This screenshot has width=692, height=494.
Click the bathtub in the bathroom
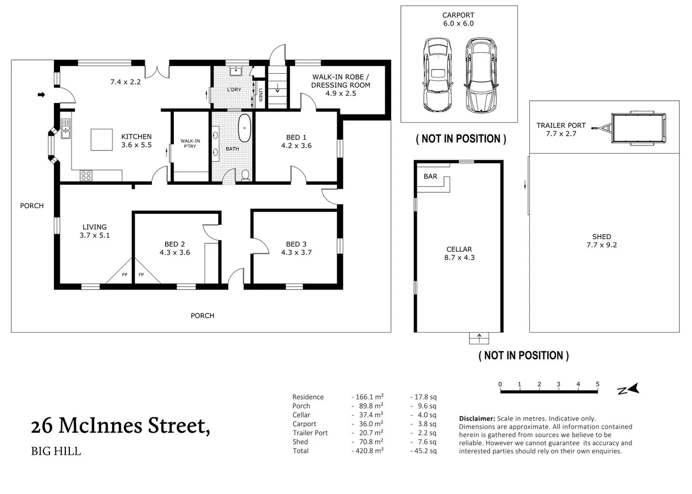point(245,128)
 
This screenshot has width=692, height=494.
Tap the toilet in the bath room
point(246,175)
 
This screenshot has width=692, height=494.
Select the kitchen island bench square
point(102,140)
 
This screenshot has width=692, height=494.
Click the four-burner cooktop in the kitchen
point(86,175)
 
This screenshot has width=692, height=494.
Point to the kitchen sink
point(66,129)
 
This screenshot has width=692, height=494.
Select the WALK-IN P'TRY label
point(190,144)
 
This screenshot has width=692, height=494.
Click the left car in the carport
point(438,75)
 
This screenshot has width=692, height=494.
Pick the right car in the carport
point(481,75)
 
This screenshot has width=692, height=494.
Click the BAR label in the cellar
point(430,176)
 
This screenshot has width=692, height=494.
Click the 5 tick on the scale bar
point(597,385)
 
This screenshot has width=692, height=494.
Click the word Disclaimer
point(477,419)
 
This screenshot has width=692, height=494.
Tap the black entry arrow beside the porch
point(41,95)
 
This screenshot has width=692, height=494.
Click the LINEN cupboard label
point(260,94)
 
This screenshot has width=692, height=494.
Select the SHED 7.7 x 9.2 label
point(601,241)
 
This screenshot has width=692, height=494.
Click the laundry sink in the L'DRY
point(236,71)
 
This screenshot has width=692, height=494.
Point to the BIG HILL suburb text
point(56,451)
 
